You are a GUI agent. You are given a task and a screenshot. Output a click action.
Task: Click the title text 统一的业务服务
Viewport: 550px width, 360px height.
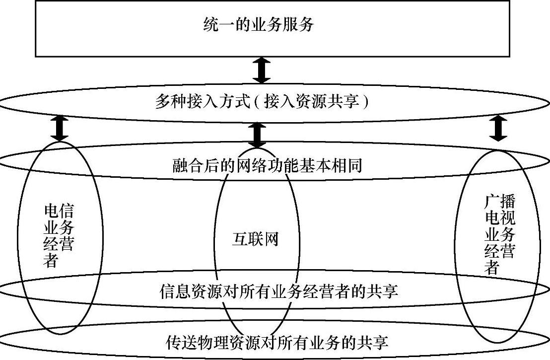(x=259, y=24)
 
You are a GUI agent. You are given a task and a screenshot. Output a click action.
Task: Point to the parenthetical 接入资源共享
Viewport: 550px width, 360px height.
(x=309, y=103)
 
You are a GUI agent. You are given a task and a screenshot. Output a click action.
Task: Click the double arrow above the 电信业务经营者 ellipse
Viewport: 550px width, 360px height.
(x=60, y=128)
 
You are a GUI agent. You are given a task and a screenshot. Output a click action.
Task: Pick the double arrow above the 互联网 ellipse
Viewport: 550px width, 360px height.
(x=257, y=135)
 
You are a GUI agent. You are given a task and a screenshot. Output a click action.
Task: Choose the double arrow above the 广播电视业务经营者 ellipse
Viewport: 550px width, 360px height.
(x=498, y=128)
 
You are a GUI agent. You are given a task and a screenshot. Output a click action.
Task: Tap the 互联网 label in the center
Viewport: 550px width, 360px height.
(x=255, y=239)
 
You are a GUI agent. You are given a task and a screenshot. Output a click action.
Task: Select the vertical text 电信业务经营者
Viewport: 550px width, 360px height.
(x=59, y=236)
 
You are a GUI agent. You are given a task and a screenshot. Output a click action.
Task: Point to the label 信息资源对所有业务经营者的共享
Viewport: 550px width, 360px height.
(x=279, y=291)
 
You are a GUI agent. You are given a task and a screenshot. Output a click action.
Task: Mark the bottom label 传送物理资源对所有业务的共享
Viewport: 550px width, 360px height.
(x=276, y=342)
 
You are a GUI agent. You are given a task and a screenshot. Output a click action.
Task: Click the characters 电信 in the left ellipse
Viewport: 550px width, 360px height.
(x=59, y=212)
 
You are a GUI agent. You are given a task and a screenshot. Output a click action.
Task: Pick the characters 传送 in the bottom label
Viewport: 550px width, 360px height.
(x=177, y=342)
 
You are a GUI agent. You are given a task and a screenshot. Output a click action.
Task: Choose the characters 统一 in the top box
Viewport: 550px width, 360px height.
(x=215, y=24)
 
